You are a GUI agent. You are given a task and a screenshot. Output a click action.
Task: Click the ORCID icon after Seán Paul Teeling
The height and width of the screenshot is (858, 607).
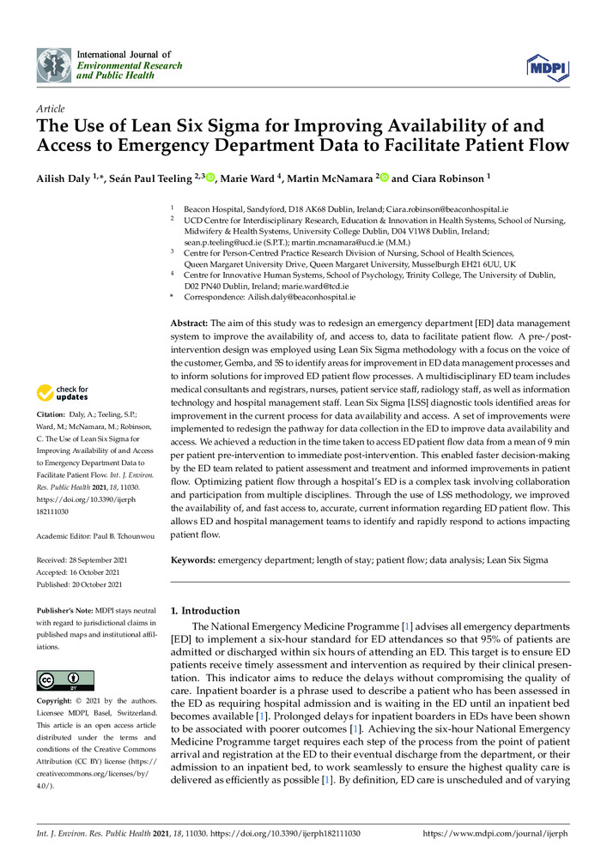210,177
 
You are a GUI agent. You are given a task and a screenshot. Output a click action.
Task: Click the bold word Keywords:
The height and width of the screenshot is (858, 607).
193,559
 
